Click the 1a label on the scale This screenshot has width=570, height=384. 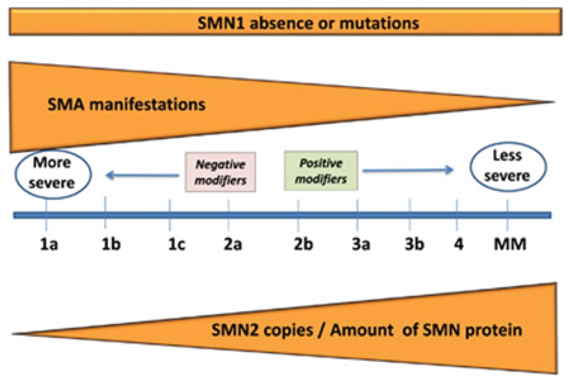[49, 244]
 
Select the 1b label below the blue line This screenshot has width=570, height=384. [111, 244]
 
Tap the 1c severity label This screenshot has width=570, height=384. [176, 244]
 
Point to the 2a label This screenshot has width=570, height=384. [232, 244]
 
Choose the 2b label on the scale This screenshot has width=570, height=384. [303, 244]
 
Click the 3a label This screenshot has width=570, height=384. [361, 244]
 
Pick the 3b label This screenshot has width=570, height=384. [414, 244]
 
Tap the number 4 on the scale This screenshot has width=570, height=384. [459, 244]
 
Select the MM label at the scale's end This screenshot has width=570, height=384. [510, 244]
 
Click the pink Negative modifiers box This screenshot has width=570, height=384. [221, 172]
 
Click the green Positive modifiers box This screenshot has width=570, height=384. [321, 171]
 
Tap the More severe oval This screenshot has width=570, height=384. [53, 174]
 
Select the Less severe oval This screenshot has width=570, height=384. [507, 166]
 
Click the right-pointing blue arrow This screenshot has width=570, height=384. [408, 171]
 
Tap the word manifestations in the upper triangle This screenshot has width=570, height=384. [148, 105]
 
